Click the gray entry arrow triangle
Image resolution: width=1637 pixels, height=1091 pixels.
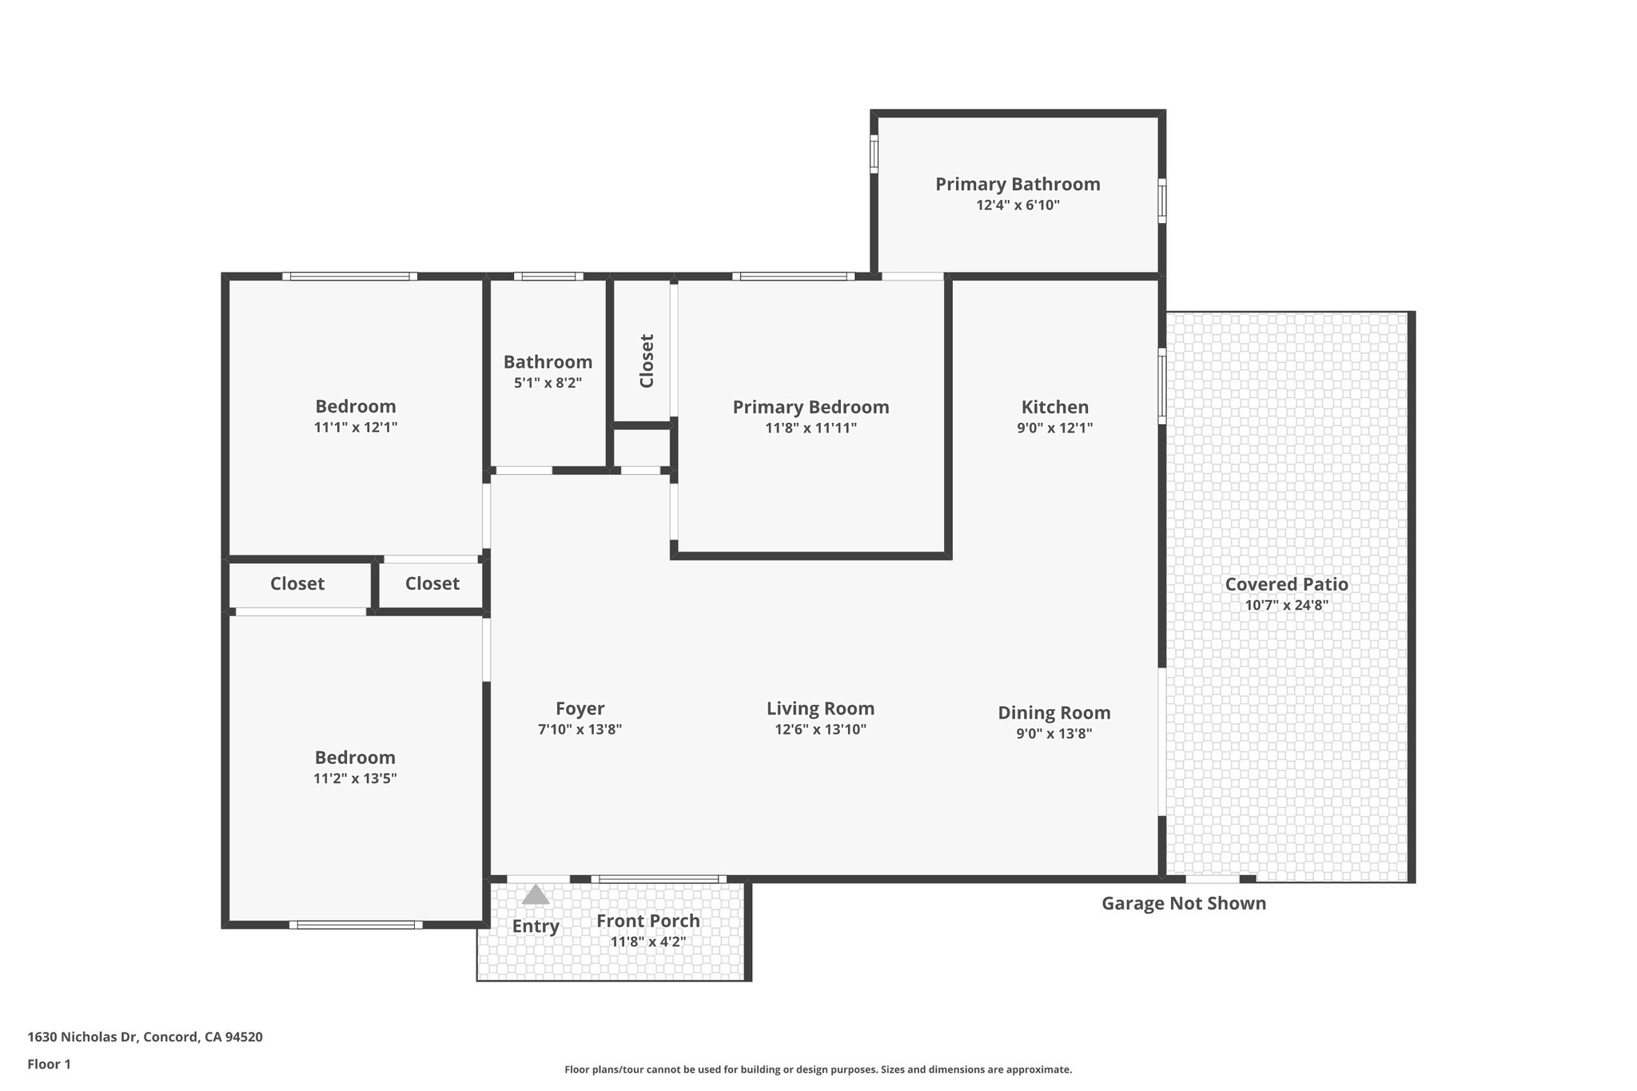(536, 894)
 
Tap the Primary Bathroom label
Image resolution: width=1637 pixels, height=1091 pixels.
(1018, 184)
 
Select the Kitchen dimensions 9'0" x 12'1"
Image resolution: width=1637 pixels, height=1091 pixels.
(1054, 428)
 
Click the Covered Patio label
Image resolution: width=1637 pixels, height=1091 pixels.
(1286, 584)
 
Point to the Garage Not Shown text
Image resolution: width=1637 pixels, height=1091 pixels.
(1183, 903)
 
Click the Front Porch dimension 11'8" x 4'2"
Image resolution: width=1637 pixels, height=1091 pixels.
(647, 942)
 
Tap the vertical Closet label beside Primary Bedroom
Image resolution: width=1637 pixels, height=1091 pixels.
(647, 360)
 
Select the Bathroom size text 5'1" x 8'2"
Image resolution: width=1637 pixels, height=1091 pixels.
(548, 383)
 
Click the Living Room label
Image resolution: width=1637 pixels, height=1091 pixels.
(820, 708)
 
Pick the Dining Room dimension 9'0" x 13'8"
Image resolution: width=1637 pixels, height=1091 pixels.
(1053, 733)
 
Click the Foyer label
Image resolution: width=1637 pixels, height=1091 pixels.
(580, 708)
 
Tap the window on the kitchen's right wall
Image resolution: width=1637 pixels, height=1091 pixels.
(1162, 386)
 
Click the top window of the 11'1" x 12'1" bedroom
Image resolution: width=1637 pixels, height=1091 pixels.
(349, 277)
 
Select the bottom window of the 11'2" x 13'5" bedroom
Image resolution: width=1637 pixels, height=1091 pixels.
(356, 925)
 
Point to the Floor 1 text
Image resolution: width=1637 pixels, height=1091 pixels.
(49, 1064)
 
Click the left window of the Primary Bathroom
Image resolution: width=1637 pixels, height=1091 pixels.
(874, 154)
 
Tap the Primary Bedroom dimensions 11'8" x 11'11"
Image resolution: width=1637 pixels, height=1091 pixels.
(811, 428)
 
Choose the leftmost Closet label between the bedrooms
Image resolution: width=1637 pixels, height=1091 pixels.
(297, 583)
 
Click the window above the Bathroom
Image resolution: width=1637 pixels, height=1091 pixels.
(548, 277)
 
